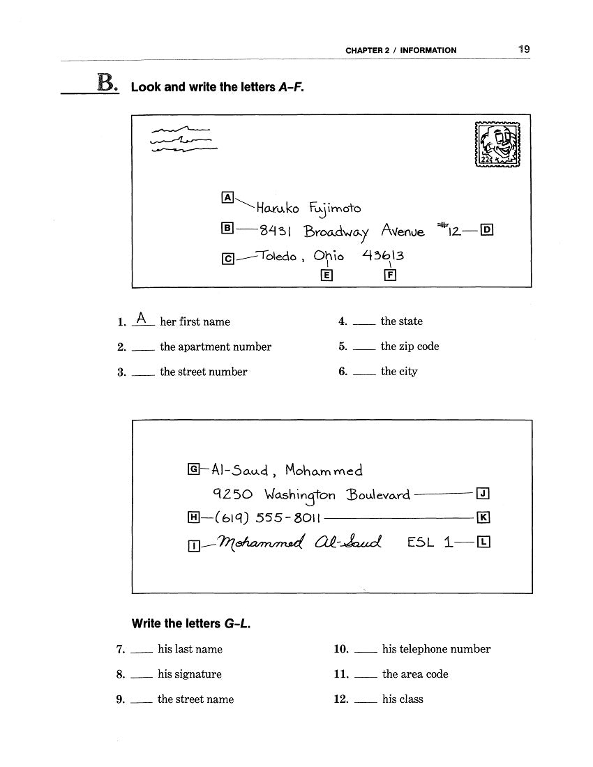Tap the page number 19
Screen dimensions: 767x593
[x=523, y=50]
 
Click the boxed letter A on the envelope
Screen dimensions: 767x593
[x=227, y=197]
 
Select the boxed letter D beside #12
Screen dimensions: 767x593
[x=487, y=229]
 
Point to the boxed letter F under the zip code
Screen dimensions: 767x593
[x=390, y=275]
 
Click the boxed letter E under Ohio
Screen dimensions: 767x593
[x=325, y=275]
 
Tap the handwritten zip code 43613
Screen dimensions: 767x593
[x=383, y=255]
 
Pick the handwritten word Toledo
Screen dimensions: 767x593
[x=278, y=256]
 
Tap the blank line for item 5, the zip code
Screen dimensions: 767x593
[x=363, y=351]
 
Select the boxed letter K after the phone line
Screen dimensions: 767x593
[x=484, y=517]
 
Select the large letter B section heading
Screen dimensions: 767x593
[x=106, y=84]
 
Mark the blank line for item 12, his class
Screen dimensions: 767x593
[x=366, y=704]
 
